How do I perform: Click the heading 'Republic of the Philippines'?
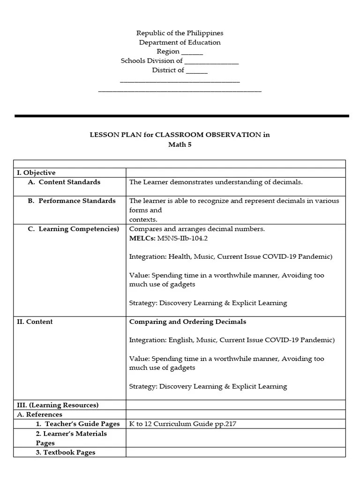point(180,33)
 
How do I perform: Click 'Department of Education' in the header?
point(180,43)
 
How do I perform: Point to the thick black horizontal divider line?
point(182,116)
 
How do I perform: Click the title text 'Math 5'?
point(180,145)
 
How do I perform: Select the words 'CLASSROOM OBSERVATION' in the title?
point(208,135)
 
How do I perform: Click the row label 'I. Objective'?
point(36,173)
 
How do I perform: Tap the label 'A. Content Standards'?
point(64,182)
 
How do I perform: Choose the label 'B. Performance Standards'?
point(71,201)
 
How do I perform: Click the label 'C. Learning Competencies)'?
point(73,229)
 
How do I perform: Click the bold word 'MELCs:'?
point(139,238)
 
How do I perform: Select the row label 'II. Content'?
point(35,322)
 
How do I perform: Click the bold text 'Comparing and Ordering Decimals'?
point(187,322)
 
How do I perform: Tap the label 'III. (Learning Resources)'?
point(58,405)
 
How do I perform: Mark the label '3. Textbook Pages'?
point(65,453)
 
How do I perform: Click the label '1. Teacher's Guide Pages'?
point(77,424)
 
